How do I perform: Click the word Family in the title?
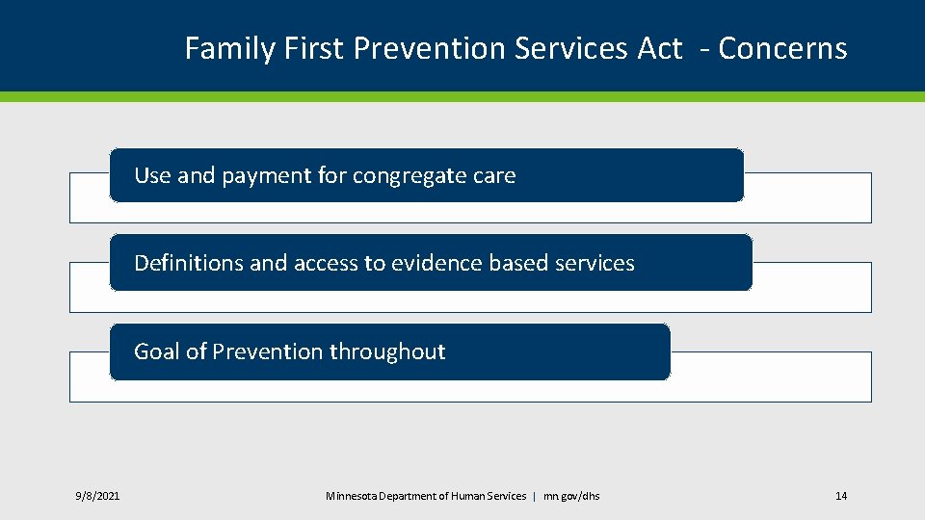point(229,49)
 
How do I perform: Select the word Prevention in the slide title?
point(429,48)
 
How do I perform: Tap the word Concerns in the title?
point(782,48)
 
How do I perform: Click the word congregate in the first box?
point(410,176)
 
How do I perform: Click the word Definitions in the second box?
point(188,262)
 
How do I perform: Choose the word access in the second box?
point(326,263)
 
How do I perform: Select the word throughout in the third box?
point(387,352)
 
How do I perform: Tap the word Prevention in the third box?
point(268,351)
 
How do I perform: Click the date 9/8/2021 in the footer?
point(97,496)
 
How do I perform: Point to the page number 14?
point(841,496)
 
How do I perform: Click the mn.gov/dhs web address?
point(571,496)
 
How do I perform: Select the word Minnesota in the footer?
point(351,496)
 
